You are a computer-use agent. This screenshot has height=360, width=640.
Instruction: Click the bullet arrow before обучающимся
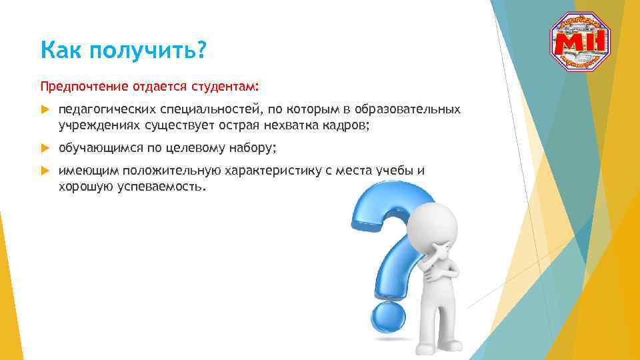pyautogui.click(x=45, y=148)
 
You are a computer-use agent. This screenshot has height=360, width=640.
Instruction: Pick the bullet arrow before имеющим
pyautogui.click(x=45, y=171)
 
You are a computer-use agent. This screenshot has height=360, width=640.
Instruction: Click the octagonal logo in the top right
pyautogui.click(x=580, y=41)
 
